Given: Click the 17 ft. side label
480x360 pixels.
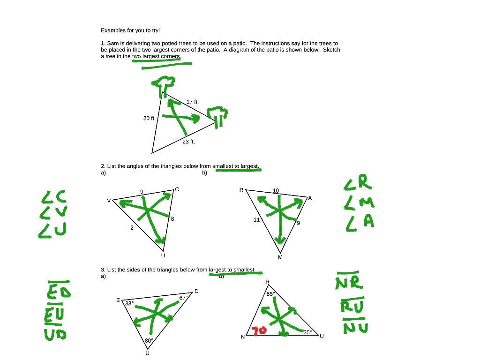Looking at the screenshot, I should pos(192,102).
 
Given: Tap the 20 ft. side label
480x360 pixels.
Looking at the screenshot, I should pos(149,118).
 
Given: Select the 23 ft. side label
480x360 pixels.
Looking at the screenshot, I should pos(188,142).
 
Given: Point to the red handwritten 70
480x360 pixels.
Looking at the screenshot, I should pos(259,331).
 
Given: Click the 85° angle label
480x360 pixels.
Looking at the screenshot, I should pos(270,294).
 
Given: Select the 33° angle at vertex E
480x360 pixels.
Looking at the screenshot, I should pos(128,303).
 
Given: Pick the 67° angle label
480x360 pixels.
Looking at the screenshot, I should pos(184,298).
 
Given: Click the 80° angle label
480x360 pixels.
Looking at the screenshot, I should pos(149,340).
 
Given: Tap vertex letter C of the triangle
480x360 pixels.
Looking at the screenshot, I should pos(177,189).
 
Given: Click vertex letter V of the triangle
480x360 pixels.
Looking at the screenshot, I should pos(109,201).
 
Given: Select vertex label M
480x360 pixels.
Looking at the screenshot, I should pos(280,257).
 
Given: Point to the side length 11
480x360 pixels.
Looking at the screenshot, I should pos(257,219).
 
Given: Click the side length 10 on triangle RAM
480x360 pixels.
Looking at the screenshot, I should pos(276,190).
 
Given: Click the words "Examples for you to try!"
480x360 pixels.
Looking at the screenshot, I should pos(130,30).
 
